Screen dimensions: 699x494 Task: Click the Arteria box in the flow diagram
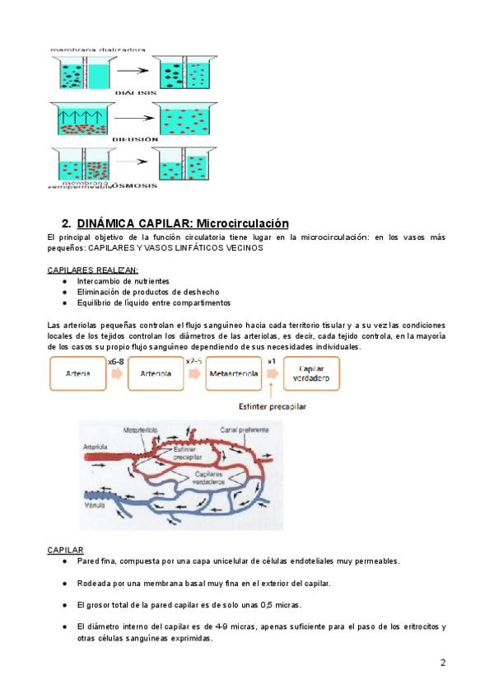77,373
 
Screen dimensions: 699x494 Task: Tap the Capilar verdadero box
312,373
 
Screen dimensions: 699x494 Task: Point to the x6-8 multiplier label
115,360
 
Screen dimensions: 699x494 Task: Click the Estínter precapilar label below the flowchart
272,406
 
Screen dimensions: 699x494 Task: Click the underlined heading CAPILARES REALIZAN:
93,270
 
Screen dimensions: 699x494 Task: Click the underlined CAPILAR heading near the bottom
66,549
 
